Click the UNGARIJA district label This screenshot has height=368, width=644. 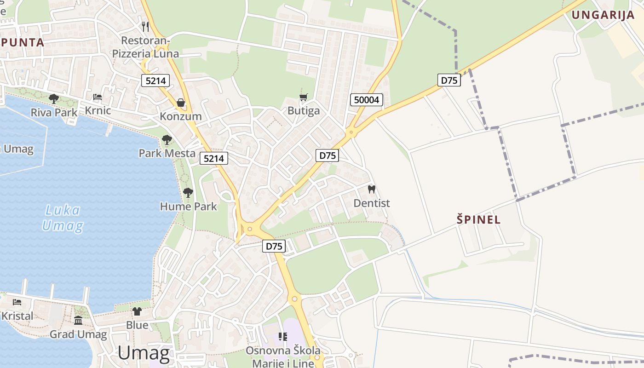(603, 15)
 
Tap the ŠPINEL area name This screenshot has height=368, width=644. (478, 219)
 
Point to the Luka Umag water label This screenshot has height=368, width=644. (63, 218)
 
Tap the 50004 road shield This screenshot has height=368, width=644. (367, 100)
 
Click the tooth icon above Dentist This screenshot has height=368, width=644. (372, 189)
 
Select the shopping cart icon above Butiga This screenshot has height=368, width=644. (303, 98)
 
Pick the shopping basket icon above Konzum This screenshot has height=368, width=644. (181, 102)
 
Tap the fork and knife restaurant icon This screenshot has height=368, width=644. (145, 26)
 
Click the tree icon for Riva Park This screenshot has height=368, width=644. (54, 98)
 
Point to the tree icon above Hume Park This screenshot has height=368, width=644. (188, 193)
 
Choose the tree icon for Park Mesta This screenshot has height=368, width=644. (167, 139)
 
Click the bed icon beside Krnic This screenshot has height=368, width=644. (98, 97)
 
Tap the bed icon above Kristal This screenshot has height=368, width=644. (17, 302)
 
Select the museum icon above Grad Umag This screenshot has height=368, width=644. (78, 320)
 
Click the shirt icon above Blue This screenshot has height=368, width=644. (137, 311)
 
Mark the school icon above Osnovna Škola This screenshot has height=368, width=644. (282, 337)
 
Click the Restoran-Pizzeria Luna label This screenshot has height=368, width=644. (146, 47)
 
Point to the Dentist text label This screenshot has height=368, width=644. (372, 203)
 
